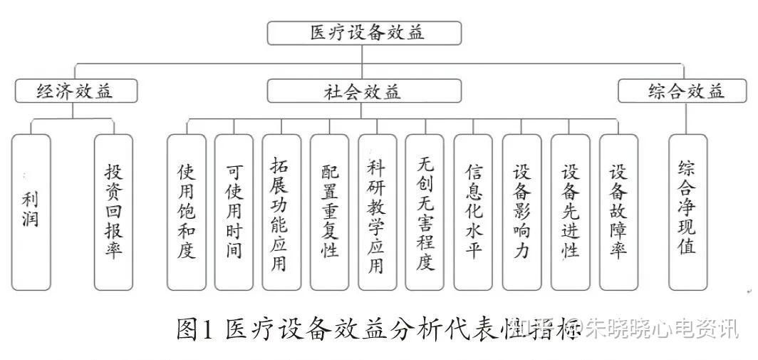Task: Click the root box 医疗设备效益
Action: (364, 33)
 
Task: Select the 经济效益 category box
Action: (75, 91)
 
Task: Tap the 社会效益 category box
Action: (364, 91)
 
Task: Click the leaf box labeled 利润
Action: (31, 212)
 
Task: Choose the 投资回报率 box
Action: (113, 212)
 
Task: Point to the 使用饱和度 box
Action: (186, 212)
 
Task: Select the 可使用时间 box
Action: (234, 212)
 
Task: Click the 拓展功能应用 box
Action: (281, 212)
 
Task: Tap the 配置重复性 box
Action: (329, 212)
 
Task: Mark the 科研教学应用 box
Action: (377, 212)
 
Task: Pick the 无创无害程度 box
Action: (425, 212)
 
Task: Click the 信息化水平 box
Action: (473, 212)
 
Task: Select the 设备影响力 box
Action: (521, 212)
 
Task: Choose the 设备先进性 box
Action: (570, 212)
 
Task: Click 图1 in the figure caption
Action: (194, 330)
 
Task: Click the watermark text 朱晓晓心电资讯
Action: (662, 330)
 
